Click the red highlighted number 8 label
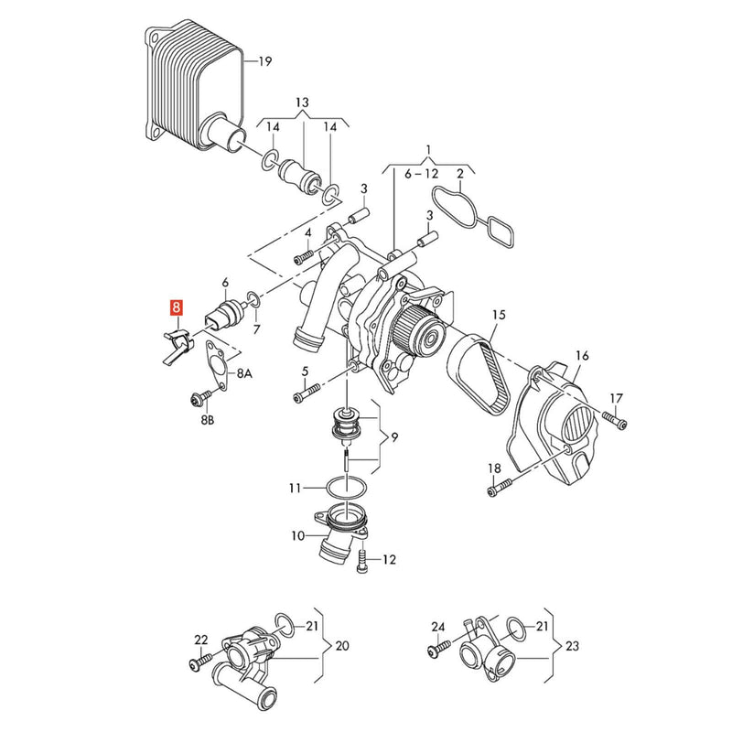pos(177,308)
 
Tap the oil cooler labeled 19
pos(194,89)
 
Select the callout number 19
pos(264,61)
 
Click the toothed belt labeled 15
pos(479,373)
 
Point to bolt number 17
pos(614,420)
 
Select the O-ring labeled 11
pos(346,489)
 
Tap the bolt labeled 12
pos(362,561)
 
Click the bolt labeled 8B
pos(199,398)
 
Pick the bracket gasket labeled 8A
pos(217,364)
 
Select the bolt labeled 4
pos(305,257)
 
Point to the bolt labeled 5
pos(307,392)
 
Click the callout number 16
pos(582,356)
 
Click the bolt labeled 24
pos(439,648)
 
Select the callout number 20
pos(341,646)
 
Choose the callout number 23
pos(572,646)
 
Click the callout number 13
pos(302,102)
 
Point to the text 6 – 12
pos(422,174)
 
